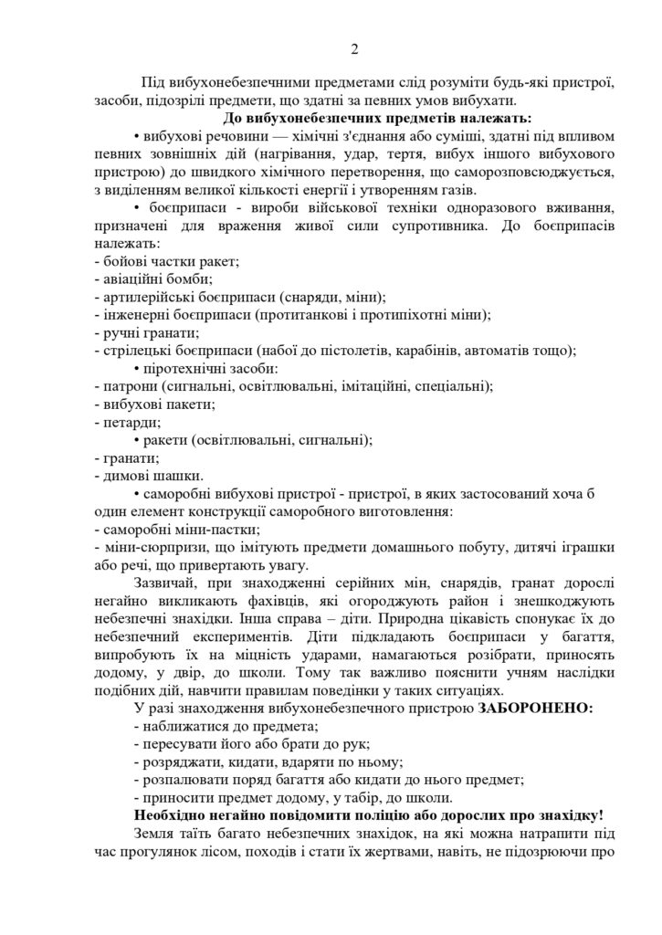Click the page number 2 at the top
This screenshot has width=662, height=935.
click(330, 48)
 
